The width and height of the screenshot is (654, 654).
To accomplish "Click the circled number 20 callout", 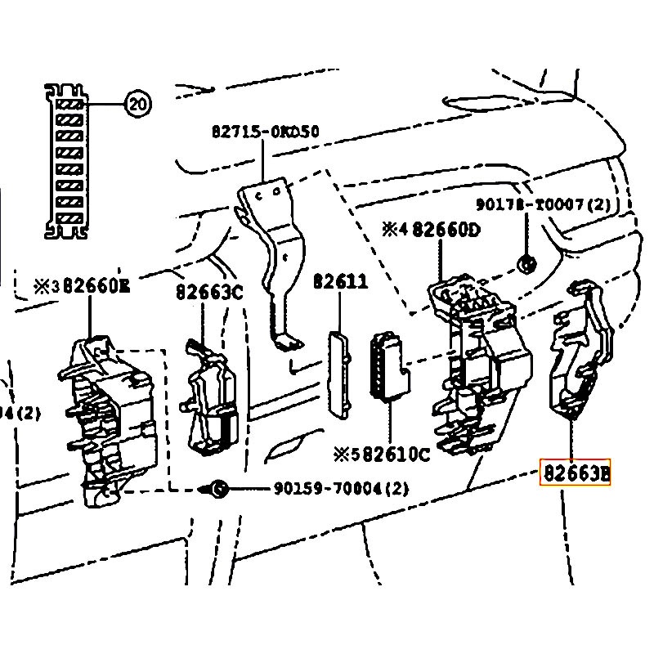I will click(137, 104).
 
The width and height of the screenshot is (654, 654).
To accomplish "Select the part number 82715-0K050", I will click(265, 131).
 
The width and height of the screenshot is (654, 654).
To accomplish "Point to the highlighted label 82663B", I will click(575, 473).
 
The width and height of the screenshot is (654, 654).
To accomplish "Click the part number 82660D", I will click(446, 230).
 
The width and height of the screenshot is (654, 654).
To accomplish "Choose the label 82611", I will click(341, 282).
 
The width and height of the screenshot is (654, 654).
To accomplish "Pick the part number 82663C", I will click(210, 291).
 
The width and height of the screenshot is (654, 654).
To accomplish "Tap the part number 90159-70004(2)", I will click(341, 489).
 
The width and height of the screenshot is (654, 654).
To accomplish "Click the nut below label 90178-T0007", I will click(526, 263).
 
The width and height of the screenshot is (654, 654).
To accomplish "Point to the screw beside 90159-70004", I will click(217, 489).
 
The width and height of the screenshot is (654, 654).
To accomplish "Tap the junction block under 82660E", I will click(106, 417).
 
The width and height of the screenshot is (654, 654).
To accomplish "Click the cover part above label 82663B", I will click(582, 352).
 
